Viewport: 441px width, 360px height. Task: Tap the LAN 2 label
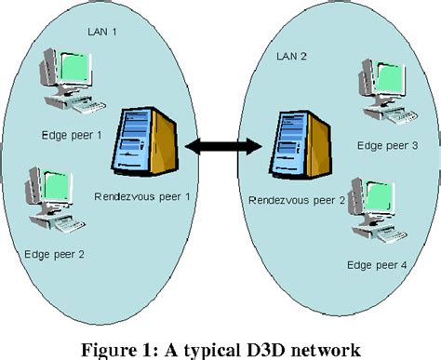pyautogui.click(x=293, y=56)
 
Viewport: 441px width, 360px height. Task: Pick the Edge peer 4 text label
pyautogui.click(x=376, y=265)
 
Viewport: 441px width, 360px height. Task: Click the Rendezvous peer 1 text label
pyautogui.click(x=142, y=196)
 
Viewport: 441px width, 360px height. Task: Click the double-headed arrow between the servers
pyautogui.click(x=220, y=146)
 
